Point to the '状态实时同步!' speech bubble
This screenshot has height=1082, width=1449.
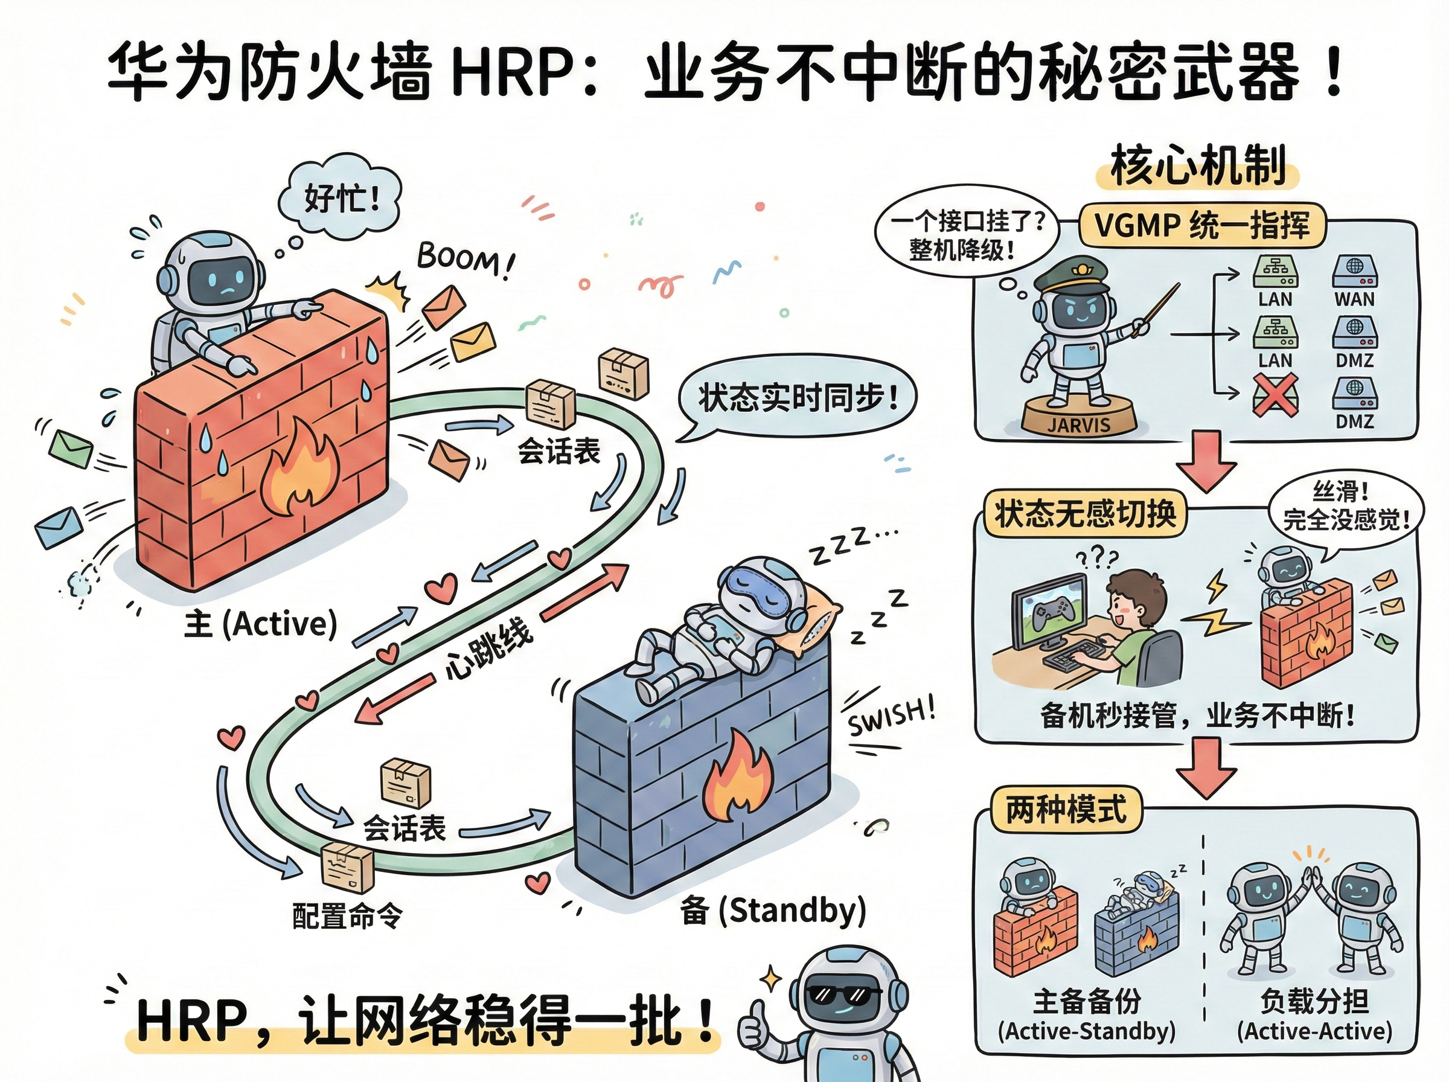(797, 397)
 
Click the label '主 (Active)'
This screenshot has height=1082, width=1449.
(261, 623)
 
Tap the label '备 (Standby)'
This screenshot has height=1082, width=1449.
(773, 911)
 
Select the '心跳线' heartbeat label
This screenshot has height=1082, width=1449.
(488, 648)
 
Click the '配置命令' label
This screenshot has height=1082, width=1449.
(347, 915)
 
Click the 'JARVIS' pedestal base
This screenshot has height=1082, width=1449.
(1078, 419)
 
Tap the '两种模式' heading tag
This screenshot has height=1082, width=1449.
(1067, 810)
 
